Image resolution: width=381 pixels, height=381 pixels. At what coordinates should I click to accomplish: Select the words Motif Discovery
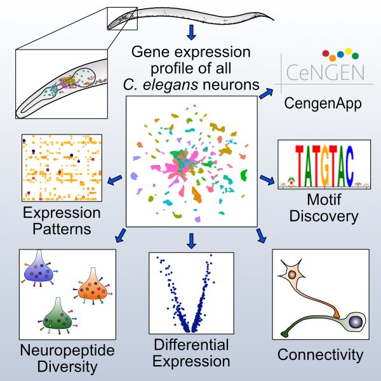pyautogui.click(x=323, y=208)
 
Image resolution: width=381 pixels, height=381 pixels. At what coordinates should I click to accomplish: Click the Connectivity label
pyautogui.click(x=321, y=354)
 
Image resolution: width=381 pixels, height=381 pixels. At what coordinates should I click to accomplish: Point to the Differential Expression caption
pyautogui.click(x=191, y=353)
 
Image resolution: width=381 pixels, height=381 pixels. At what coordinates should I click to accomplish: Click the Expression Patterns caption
pyautogui.click(x=61, y=220)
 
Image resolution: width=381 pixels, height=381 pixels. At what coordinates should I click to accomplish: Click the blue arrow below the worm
pyautogui.click(x=191, y=32)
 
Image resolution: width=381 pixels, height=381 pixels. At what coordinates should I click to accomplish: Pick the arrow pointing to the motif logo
pyautogui.click(x=267, y=181)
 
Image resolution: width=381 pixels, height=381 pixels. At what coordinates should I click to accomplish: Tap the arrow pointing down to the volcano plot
pyautogui.click(x=191, y=240)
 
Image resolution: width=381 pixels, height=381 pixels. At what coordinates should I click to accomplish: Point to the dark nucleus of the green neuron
pyautogui.click(x=356, y=323)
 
